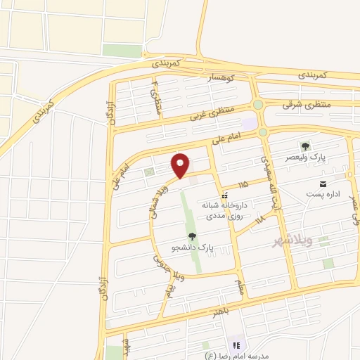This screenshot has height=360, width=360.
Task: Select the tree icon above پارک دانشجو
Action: [193, 236]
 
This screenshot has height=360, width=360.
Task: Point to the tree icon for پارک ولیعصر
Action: [305, 146]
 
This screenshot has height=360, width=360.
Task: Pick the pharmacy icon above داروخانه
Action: [224, 195]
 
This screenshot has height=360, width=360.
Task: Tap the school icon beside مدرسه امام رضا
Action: [236, 345]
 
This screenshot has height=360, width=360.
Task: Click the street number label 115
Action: [243, 184]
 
